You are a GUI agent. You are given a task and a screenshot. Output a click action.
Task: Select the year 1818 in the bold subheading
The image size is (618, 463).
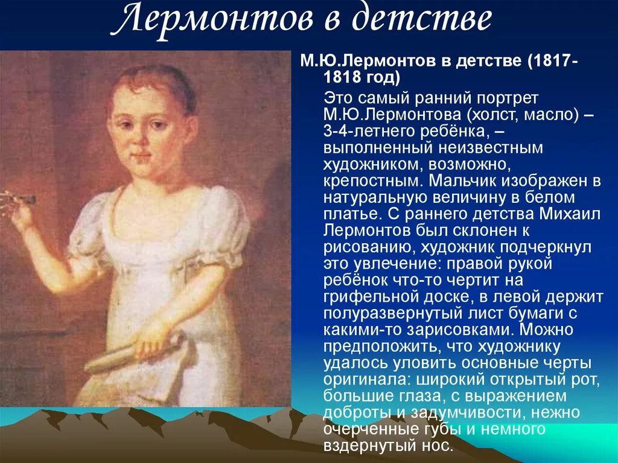point(342,78)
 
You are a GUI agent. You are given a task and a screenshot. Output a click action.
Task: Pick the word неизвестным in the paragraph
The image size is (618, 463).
point(489,148)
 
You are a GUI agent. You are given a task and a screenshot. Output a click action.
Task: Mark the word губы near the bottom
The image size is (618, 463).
point(463,430)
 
